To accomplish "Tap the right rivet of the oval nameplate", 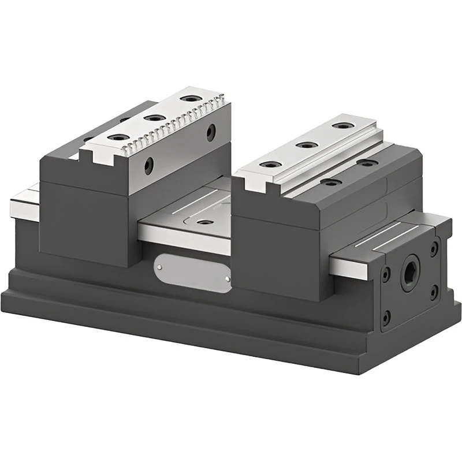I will pos(228,280).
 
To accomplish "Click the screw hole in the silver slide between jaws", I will pos(203,222).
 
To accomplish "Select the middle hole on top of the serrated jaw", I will pos(154,118).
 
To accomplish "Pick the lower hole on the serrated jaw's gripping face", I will pos(149,166).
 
